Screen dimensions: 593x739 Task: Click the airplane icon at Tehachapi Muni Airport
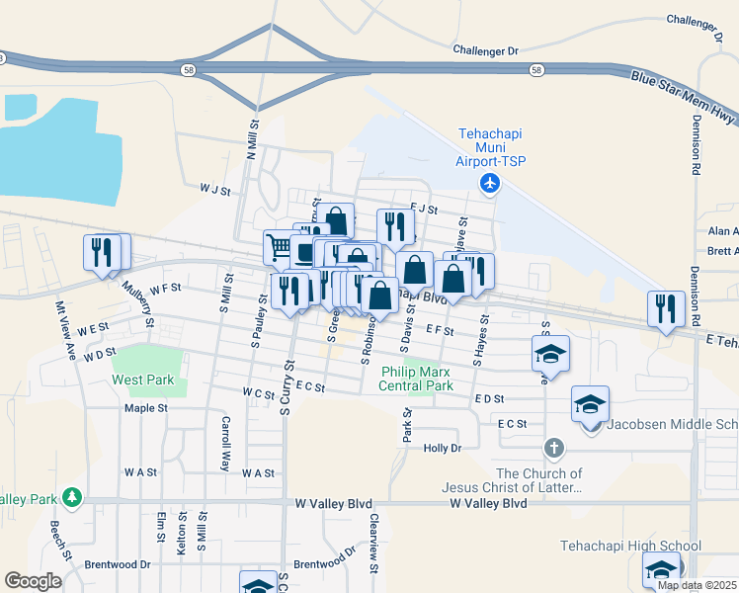[489, 183]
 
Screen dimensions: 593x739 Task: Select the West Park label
[143, 380]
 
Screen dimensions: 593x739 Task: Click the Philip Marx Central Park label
[417, 379]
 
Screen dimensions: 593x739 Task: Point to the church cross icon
[553, 450]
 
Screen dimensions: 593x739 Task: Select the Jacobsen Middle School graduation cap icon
[591, 405]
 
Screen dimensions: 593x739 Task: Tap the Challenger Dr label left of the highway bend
[485, 49]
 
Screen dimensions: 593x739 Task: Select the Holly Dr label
[442, 448]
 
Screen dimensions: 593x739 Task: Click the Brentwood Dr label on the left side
[117, 564]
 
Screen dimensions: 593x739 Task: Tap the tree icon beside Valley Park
[71, 495]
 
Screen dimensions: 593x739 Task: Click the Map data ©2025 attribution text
[696, 585]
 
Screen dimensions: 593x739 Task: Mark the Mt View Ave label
[65, 328]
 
